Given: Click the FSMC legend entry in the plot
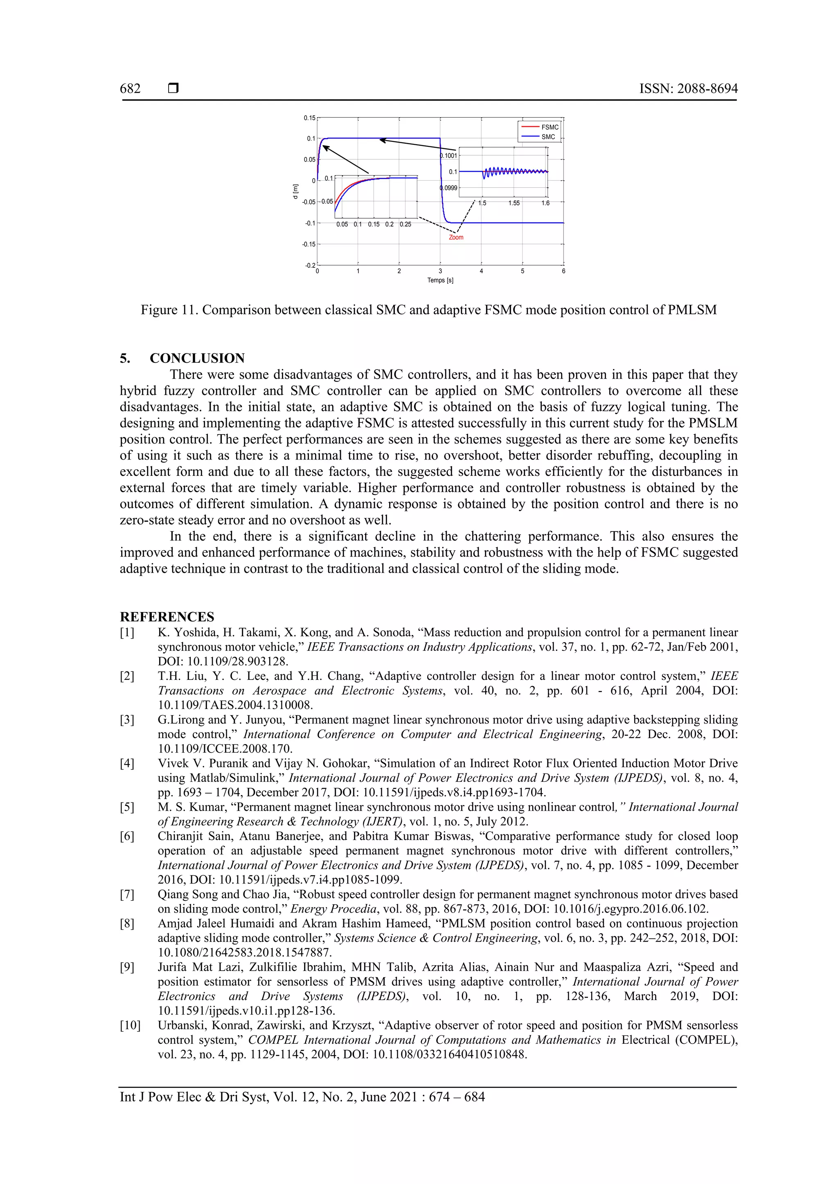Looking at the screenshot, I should click(550, 127).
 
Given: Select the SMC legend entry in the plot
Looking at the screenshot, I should click(548, 137).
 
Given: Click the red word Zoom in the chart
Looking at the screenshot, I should click(456, 238).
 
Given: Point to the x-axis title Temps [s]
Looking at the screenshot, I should click(440, 280).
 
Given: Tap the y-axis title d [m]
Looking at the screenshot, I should click(295, 191).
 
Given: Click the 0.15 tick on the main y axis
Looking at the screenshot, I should click(309, 118).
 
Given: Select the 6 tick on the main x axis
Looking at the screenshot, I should click(563, 271).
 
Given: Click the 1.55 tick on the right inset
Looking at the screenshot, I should click(514, 203).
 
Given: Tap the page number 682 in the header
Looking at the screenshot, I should click(130, 89).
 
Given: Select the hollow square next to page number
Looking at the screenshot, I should click(173, 89).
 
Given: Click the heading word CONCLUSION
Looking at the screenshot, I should click(197, 359).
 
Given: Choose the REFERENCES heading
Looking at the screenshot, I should click(167, 617).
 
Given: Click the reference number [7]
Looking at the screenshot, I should click(127, 895).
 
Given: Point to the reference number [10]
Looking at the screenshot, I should click(130, 1026).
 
